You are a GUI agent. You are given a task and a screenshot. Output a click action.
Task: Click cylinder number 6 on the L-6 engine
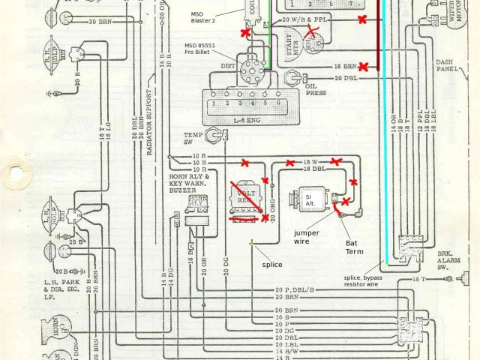[x=278, y=102]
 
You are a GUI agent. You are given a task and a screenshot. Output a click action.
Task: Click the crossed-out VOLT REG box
[x=246, y=196]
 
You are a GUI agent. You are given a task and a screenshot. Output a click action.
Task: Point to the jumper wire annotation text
[x=306, y=236]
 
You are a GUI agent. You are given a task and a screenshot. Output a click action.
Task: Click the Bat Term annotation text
[x=354, y=247]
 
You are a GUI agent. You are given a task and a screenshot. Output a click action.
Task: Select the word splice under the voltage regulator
[x=272, y=264]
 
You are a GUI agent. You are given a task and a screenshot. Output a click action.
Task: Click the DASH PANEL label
[x=448, y=69]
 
